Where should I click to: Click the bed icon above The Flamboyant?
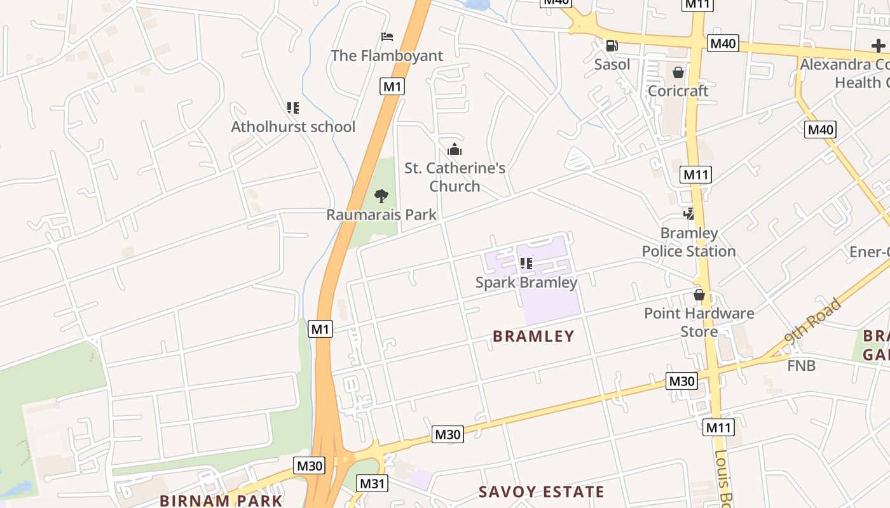point(387,37)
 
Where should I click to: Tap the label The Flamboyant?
point(387,56)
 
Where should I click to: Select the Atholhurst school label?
point(293,127)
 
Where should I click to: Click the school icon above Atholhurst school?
point(292,108)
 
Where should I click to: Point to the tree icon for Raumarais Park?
point(381,196)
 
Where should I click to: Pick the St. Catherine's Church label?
point(455,177)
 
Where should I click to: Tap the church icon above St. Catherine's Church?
point(455,150)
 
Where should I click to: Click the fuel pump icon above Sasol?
point(612,46)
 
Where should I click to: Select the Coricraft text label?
point(678,91)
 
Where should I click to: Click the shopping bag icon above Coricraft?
point(678,72)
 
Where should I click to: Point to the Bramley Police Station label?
point(688,242)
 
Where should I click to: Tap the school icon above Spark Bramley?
point(526,264)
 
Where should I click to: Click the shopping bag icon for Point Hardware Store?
point(699,295)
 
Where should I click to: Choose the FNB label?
point(801,366)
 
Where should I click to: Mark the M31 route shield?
point(373,483)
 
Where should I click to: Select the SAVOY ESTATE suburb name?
point(541,492)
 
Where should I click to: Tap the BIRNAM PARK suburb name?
point(221,500)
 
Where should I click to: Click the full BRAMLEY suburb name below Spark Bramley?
point(533,337)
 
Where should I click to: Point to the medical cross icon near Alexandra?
point(878,46)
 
